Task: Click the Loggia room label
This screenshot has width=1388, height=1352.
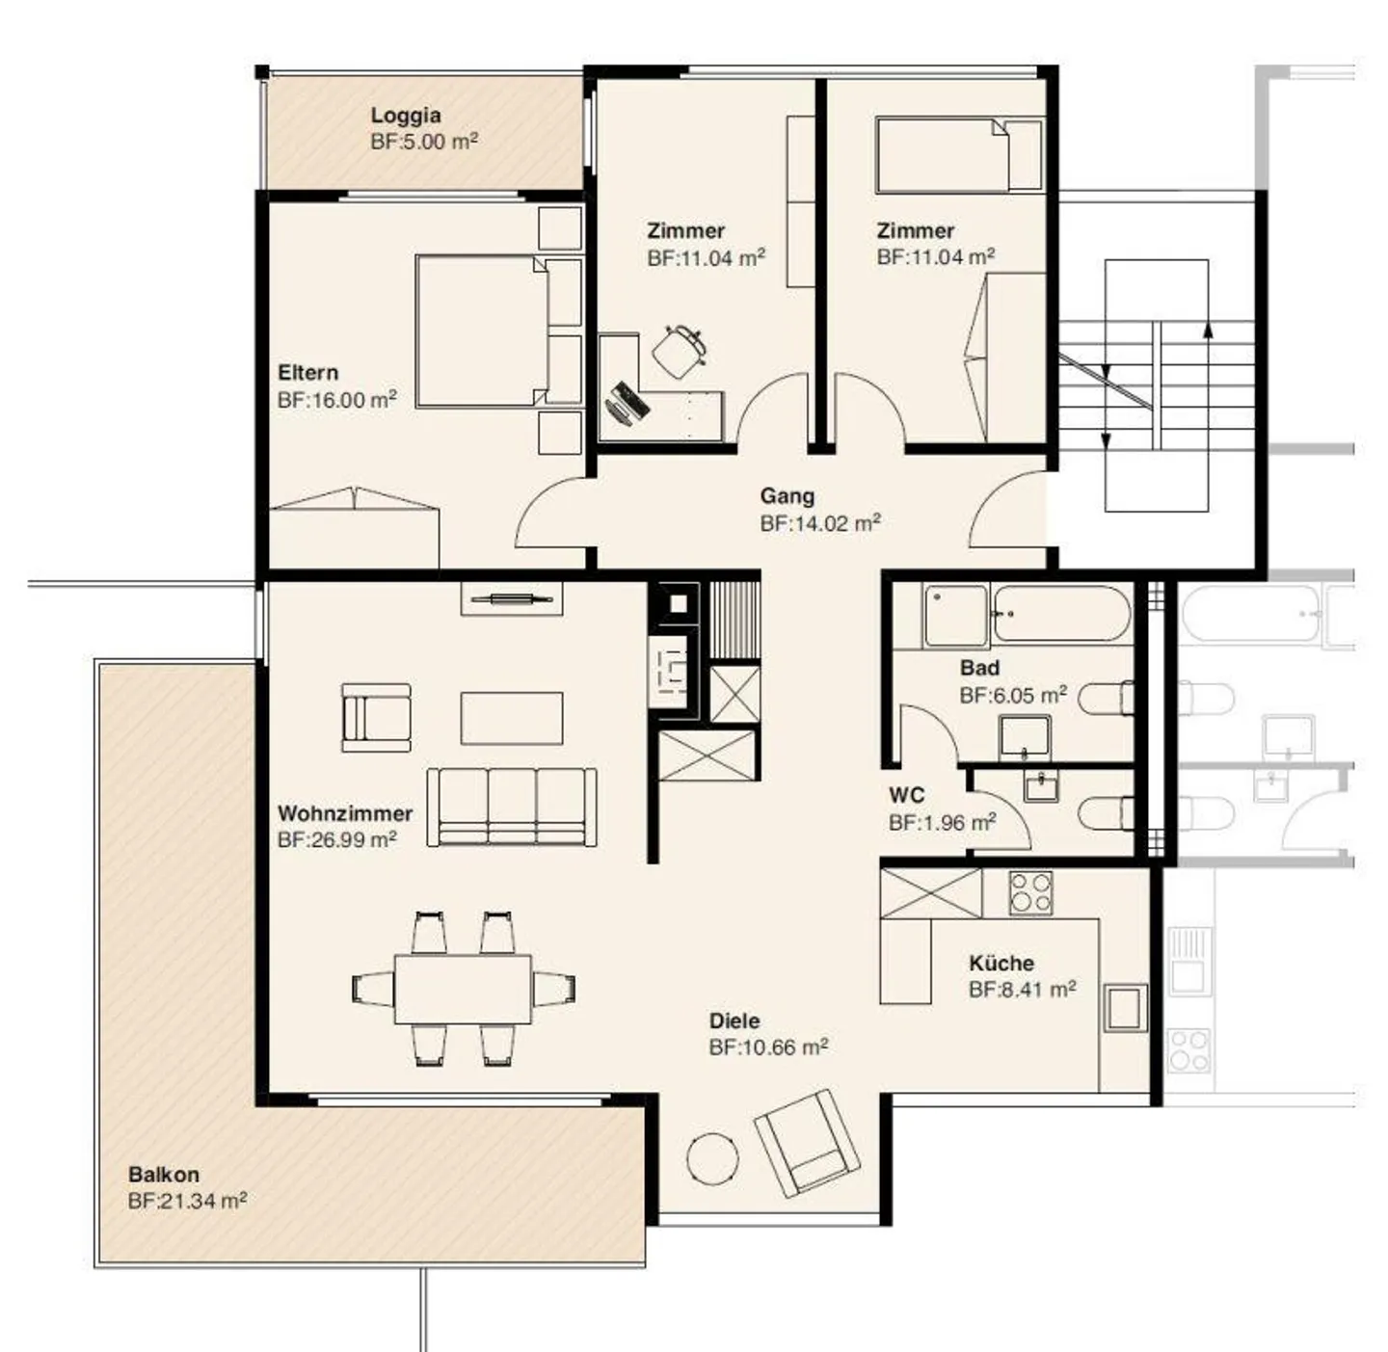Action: [406, 116]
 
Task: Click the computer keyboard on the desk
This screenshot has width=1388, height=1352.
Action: [627, 402]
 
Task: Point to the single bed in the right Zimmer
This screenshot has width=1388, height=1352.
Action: [958, 155]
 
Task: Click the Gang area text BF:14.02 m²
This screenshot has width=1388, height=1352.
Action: [819, 523]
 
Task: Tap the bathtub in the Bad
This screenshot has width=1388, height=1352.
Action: [1060, 613]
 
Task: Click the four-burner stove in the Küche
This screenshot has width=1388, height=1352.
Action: [1029, 893]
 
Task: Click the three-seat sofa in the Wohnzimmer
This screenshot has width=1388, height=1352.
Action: [511, 808]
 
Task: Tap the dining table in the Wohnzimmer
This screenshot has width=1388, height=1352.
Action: [463, 989]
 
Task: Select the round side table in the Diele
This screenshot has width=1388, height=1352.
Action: [713, 1159]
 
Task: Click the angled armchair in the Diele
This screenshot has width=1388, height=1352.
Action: [808, 1142]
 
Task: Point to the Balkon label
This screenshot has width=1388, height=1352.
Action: [164, 1175]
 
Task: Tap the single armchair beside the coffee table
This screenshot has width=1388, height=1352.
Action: [376, 718]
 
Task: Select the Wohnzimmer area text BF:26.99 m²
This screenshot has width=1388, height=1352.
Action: [336, 839]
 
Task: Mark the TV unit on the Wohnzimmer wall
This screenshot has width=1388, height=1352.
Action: [511, 599]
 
